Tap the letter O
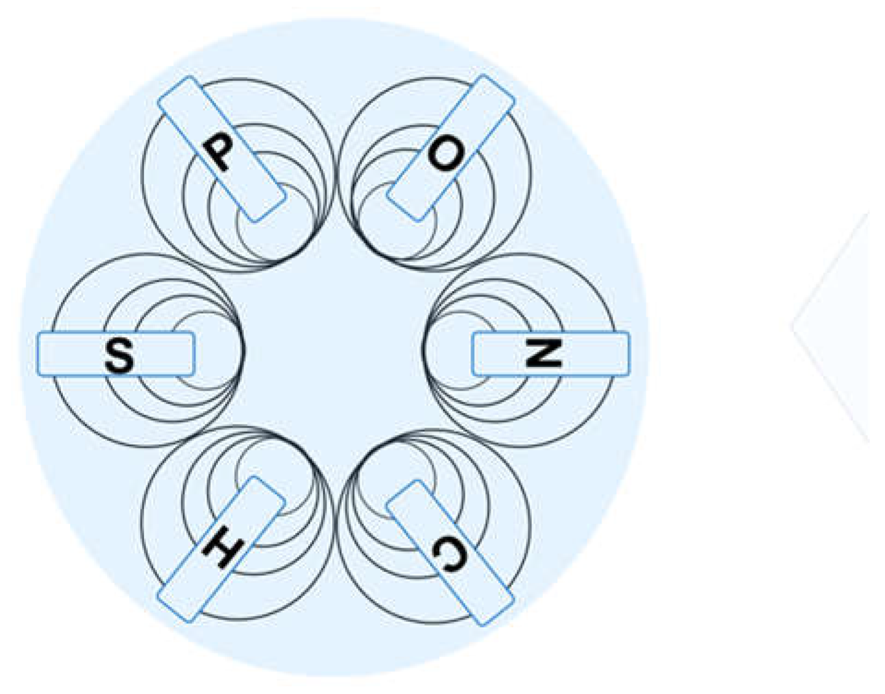pyautogui.click(x=446, y=154)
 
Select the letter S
pyautogui.click(x=119, y=355)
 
